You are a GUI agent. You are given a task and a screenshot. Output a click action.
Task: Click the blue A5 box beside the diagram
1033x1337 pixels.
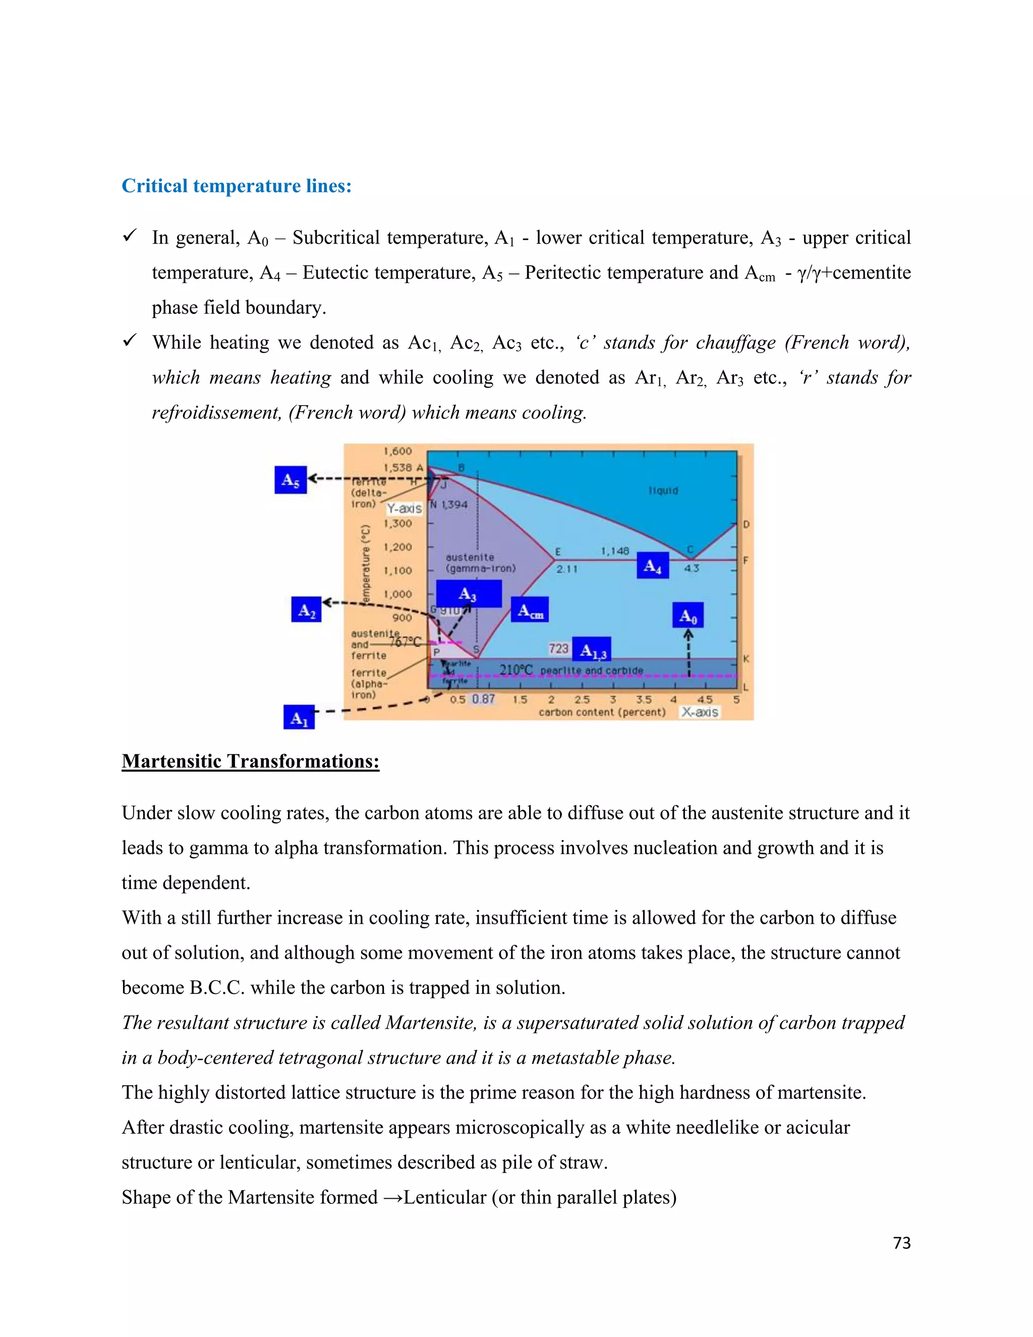pyautogui.click(x=290, y=480)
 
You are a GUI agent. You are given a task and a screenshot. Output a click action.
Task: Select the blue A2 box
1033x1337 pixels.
pyautogui.click(x=306, y=610)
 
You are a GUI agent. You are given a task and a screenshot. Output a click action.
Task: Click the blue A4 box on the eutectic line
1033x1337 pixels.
pyautogui.click(x=652, y=566)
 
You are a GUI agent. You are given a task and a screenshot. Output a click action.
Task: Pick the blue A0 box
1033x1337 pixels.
pyautogui.click(x=688, y=615)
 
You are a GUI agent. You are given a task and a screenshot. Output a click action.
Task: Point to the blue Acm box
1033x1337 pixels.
pyautogui.click(x=529, y=610)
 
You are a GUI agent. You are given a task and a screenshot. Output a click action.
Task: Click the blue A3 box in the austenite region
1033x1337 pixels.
pyautogui.click(x=468, y=594)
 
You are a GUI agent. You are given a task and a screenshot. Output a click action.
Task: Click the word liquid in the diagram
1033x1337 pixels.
pyautogui.click(x=663, y=490)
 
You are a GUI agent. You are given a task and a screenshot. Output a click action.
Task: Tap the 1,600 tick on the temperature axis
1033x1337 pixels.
pyautogui.click(x=398, y=452)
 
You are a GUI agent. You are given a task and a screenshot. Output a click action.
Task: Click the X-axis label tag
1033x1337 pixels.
pyautogui.click(x=700, y=712)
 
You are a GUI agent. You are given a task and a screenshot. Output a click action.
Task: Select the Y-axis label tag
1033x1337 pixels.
pyautogui.click(x=404, y=508)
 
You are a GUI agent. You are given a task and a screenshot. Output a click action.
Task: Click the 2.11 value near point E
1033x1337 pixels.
pyautogui.click(x=566, y=569)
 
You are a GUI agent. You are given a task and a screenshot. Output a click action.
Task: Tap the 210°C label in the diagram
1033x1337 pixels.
pyautogui.click(x=516, y=670)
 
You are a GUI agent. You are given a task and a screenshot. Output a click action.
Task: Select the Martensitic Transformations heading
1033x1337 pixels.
pyautogui.click(x=250, y=761)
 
